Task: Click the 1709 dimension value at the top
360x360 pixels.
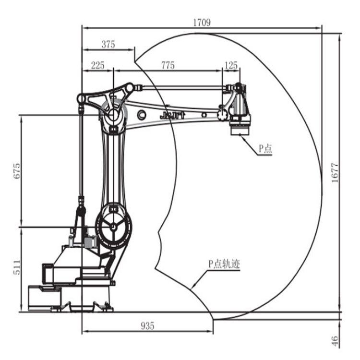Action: (x=202, y=23)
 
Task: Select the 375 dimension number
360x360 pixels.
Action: (x=108, y=44)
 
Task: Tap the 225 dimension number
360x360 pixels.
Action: (x=98, y=65)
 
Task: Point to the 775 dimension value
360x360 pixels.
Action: (x=168, y=65)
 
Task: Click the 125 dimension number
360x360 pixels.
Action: (x=231, y=65)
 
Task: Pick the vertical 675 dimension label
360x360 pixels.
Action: (x=17, y=171)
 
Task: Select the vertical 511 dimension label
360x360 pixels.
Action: (x=17, y=268)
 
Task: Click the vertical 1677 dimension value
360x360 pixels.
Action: (x=335, y=173)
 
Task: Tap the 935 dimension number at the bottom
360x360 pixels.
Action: (x=147, y=326)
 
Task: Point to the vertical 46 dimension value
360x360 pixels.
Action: (x=335, y=341)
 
